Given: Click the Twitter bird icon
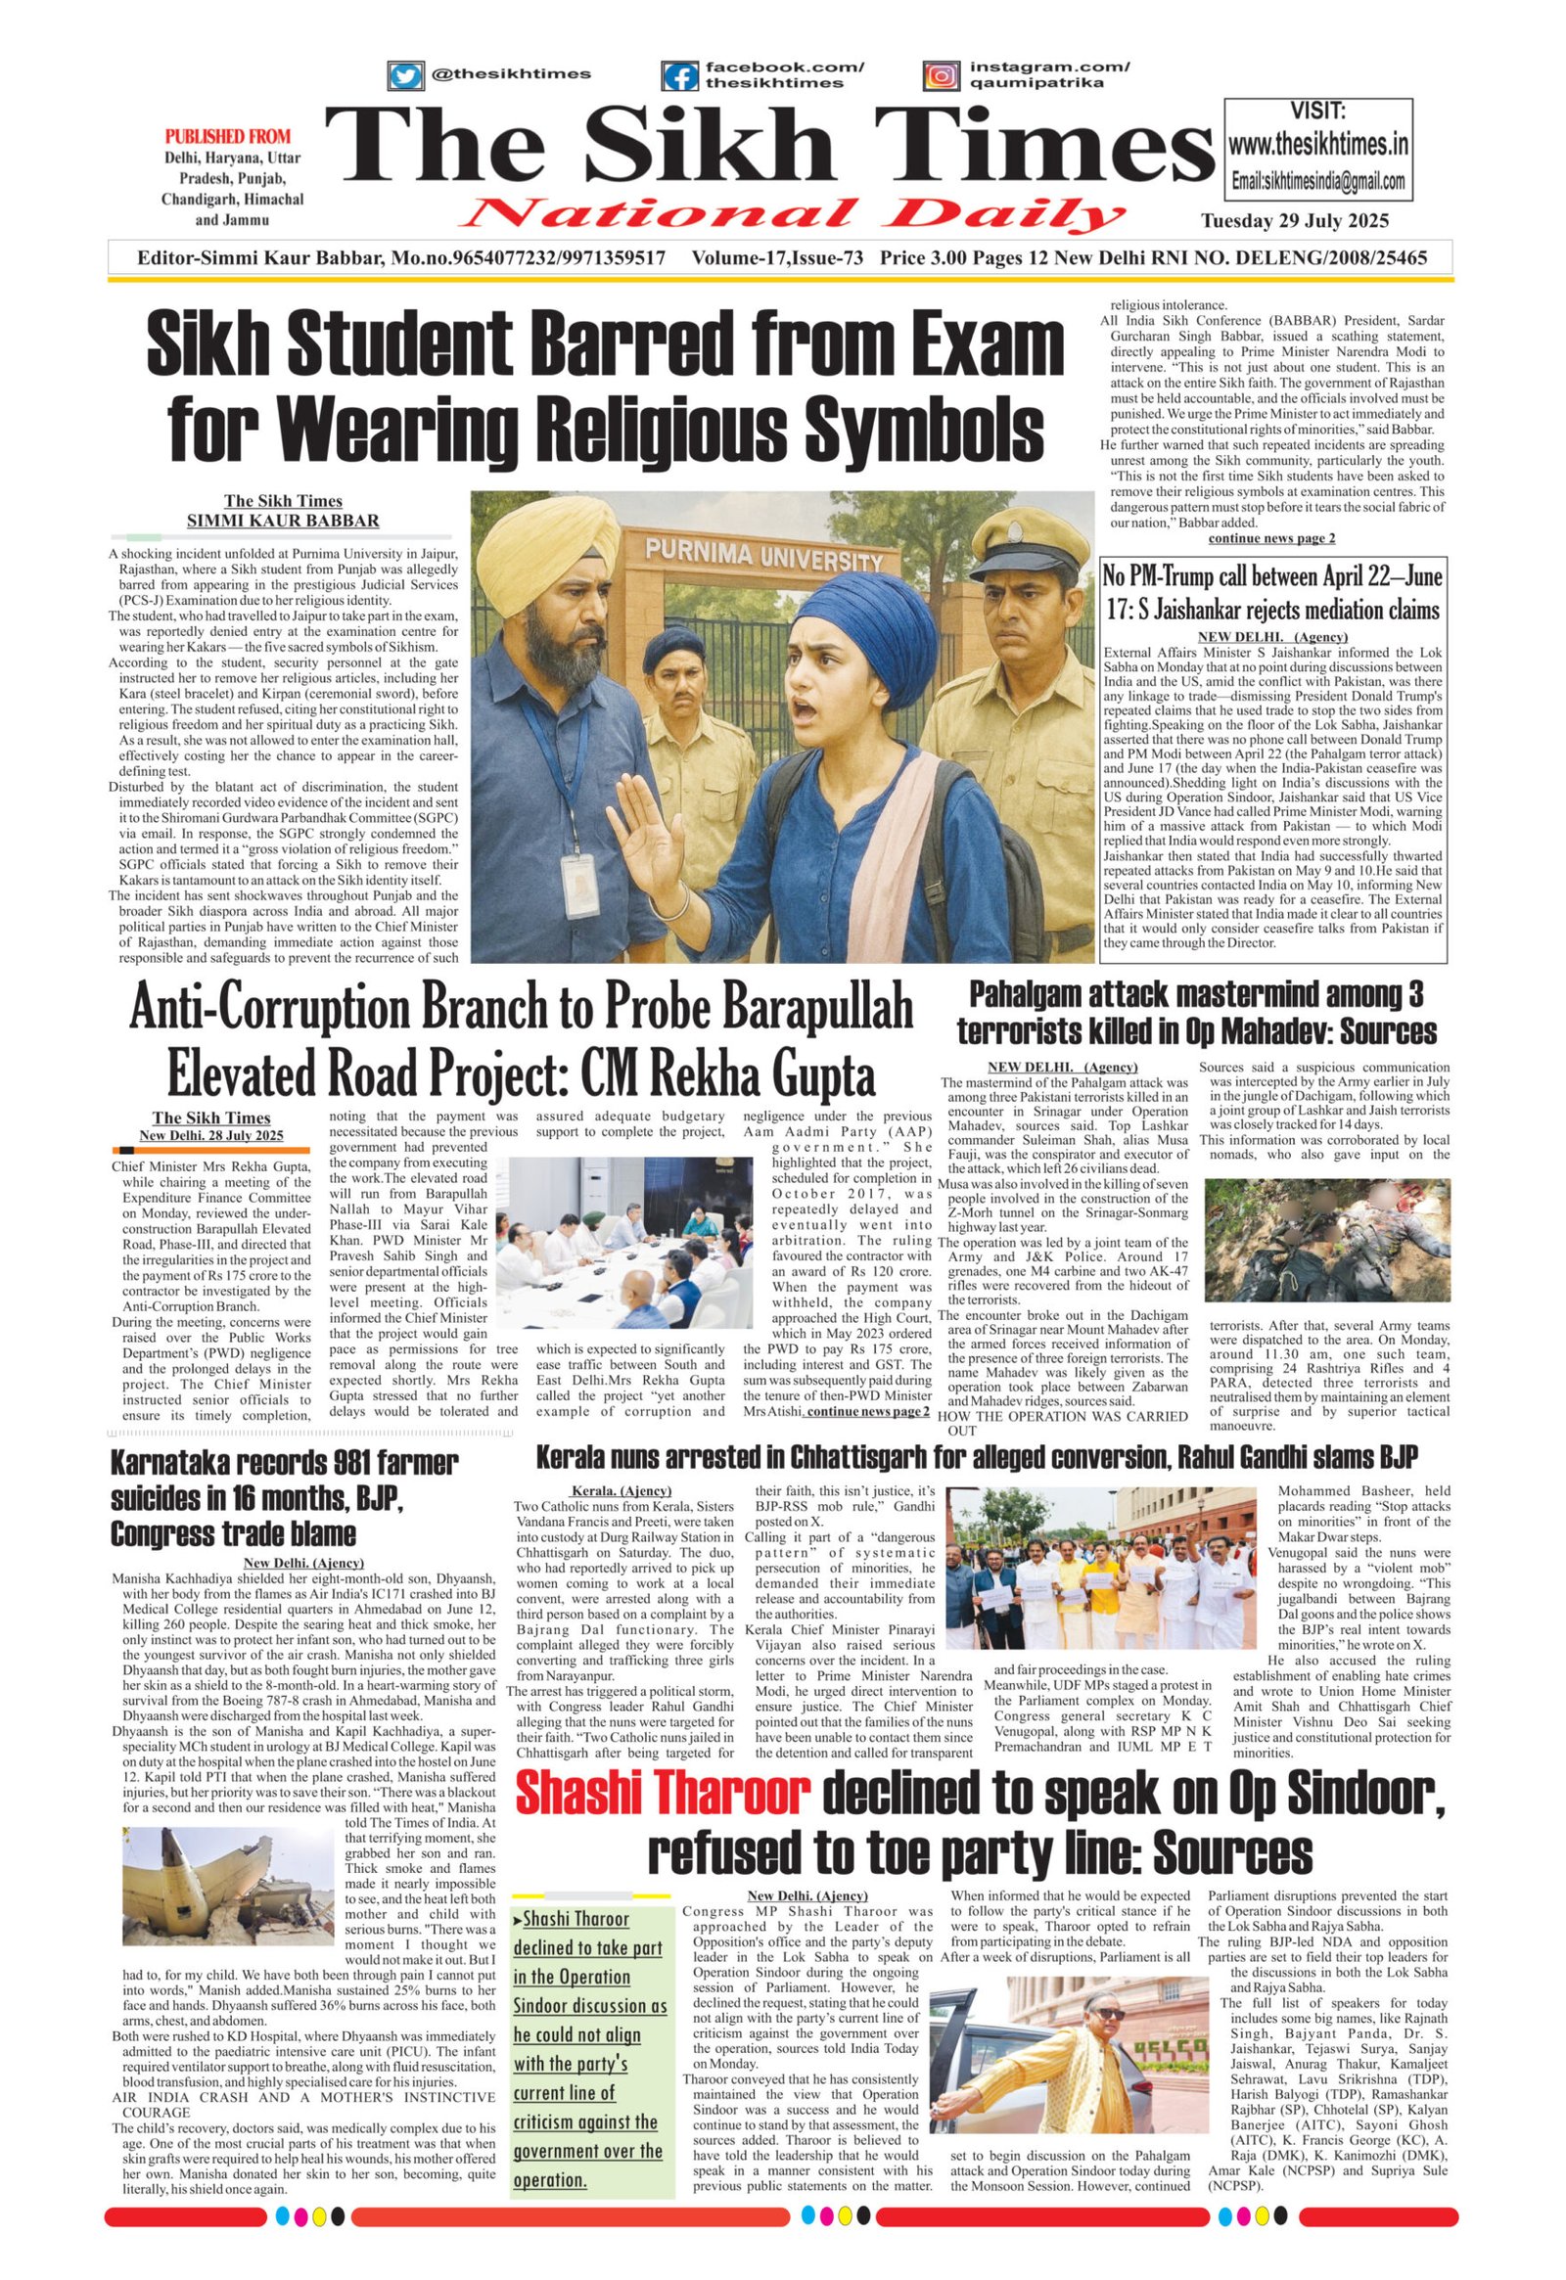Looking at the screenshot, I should [x=404, y=75].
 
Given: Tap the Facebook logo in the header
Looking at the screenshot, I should [x=679, y=75].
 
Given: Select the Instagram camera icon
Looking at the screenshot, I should [x=941, y=75].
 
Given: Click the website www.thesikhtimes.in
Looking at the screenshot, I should [x=1317, y=145].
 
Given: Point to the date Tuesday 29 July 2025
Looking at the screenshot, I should [x=1294, y=221].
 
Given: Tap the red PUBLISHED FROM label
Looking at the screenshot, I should [x=228, y=136].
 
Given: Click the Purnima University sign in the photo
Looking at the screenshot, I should [x=763, y=555].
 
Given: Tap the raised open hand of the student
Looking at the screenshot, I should [x=642, y=821].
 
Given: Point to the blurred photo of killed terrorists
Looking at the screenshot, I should [x=1325, y=1240].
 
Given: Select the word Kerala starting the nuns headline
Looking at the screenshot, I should [x=575, y=1456].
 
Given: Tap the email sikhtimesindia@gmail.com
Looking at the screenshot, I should [x=1317, y=181].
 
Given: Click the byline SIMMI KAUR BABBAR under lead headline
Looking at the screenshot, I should [x=283, y=520].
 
